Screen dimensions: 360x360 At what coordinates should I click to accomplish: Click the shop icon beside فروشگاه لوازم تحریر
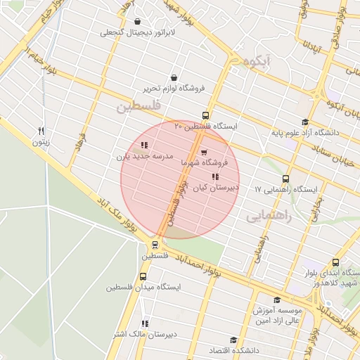coord(174,78)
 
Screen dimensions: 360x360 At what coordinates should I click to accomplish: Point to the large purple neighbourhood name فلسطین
coord(139,106)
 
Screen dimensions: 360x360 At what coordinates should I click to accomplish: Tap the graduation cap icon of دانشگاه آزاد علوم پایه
coord(304,122)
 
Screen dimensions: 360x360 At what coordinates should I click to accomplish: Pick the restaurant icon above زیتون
coord(41,131)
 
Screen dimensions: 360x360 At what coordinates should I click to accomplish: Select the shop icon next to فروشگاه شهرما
coord(204,152)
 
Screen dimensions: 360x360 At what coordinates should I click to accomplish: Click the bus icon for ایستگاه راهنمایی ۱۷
coord(285,179)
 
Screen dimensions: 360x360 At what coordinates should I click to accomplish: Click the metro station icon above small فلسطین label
coord(154,245)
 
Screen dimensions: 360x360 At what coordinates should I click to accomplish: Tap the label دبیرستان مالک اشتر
coord(144,335)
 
